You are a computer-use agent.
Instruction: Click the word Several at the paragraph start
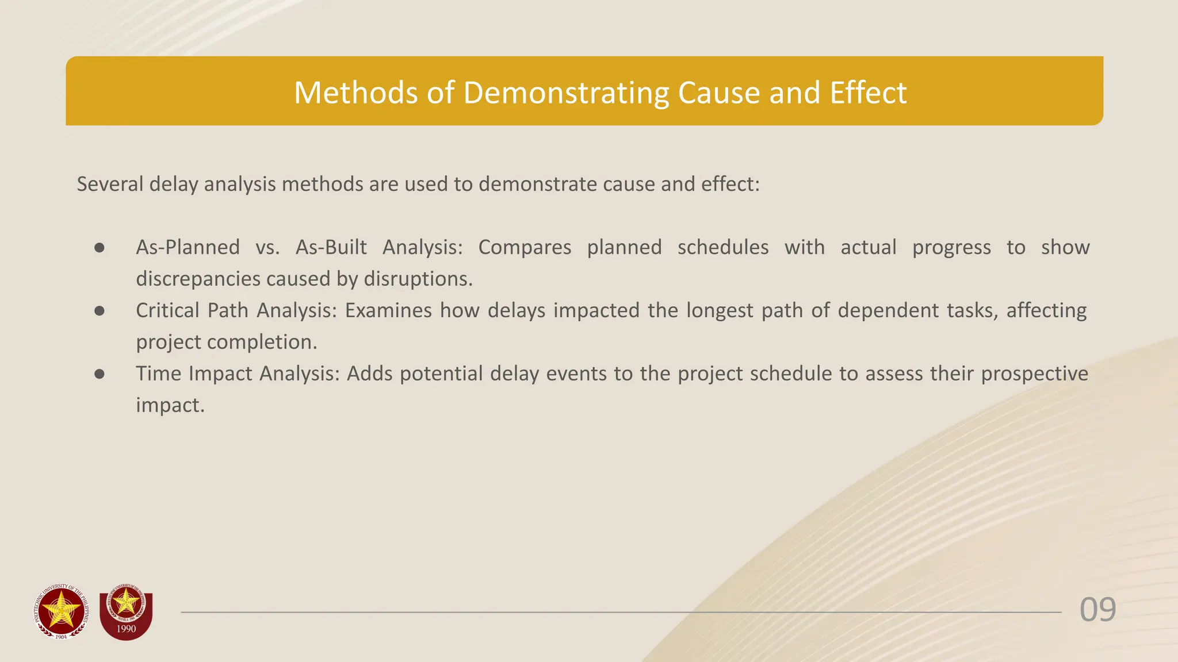coord(110,184)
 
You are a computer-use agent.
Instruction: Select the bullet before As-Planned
coord(100,248)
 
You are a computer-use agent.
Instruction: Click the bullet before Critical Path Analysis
coord(100,311)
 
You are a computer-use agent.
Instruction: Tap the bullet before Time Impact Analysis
coord(100,374)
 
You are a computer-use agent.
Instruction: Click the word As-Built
coord(331,247)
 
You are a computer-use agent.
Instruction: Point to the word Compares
coord(525,247)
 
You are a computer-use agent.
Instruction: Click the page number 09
coord(1097,610)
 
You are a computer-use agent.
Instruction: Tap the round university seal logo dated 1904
coord(62,611)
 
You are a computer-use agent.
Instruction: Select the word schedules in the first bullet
coord(723,247)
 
